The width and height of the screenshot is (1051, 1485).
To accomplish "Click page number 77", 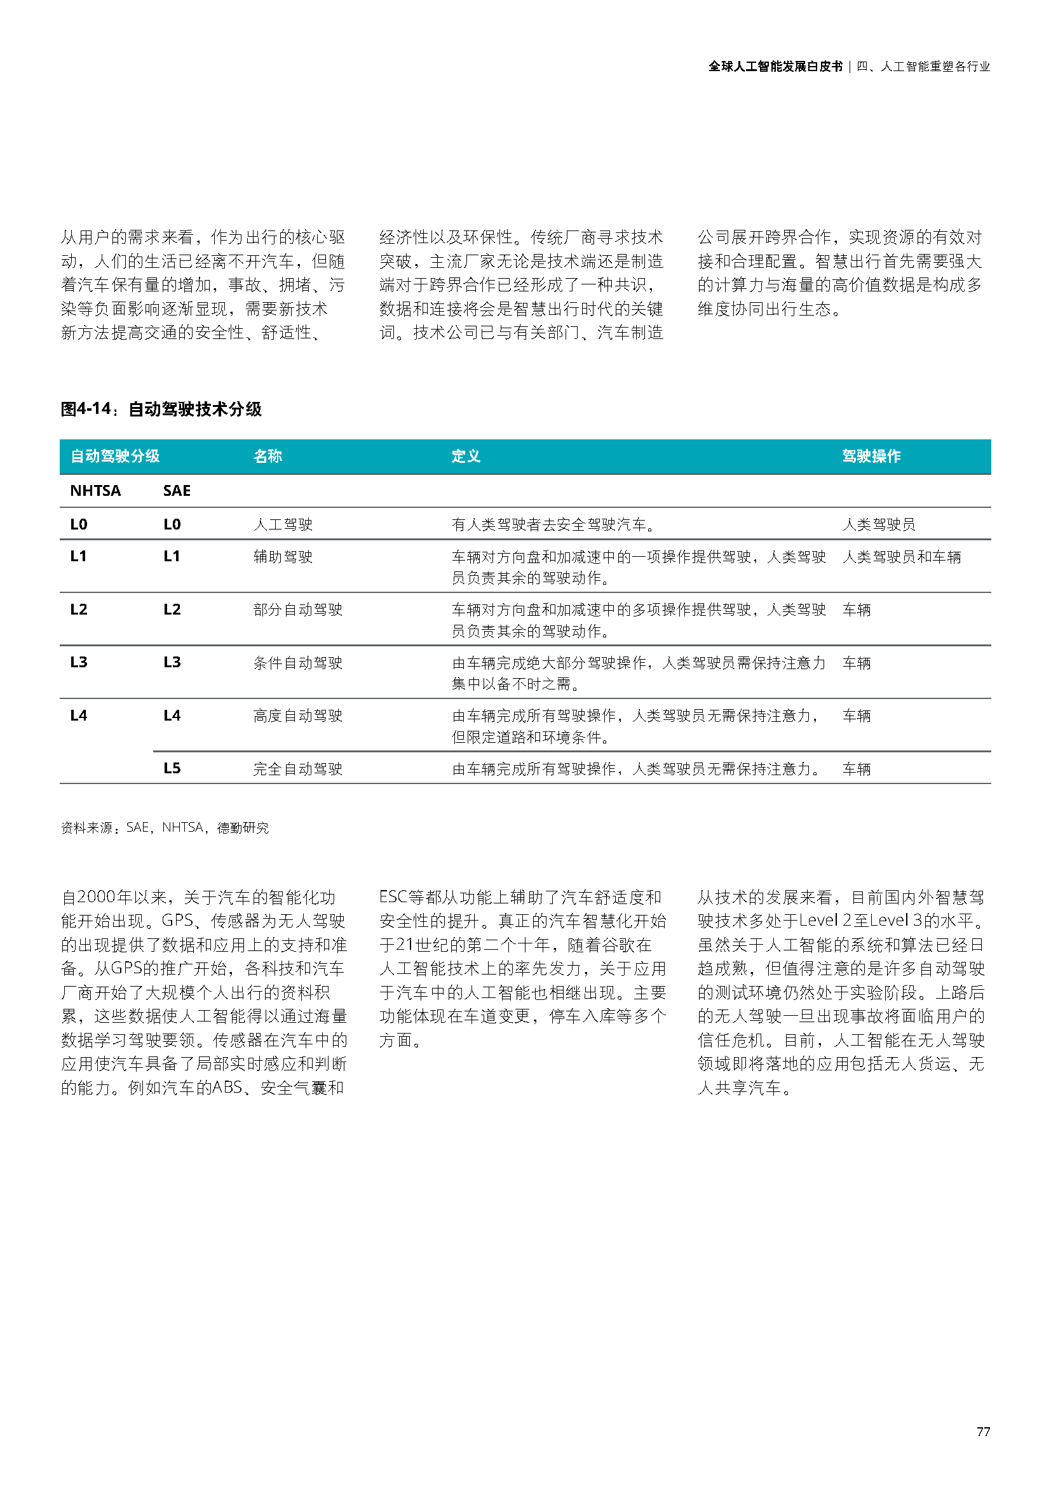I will [983, 1432].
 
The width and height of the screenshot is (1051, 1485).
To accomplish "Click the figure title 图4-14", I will [161, 409].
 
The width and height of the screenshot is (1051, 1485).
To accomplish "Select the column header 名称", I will [268, 456].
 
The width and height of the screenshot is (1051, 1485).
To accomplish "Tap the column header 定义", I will [466, 456].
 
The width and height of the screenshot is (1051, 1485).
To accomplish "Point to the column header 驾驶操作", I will [871, 456].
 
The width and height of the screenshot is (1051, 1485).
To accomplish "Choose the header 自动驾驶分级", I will [115, 456].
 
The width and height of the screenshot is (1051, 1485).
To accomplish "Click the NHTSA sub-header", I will [95, 491].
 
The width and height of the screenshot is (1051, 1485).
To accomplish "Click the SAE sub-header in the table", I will [177, 491].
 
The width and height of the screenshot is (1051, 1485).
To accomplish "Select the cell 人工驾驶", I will [283, 524].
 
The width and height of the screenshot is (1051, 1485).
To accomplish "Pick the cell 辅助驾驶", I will [283, 557].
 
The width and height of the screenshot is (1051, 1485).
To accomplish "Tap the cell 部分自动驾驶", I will [297, 610].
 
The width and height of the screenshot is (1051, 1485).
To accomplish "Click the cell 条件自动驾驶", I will [297, 663].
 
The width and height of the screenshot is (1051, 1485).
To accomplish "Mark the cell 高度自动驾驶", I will [297, 716].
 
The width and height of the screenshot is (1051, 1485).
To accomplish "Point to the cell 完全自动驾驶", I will [297, 769].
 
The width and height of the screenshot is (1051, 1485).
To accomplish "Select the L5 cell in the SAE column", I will [172, 768].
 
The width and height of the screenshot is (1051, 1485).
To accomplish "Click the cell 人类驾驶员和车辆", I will [902, 557].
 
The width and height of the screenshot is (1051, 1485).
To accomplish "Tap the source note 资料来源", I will [165, 828].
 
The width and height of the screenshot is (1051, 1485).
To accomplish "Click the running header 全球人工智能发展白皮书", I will [775, 67].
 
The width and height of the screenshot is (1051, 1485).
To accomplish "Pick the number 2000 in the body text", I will [97, 897].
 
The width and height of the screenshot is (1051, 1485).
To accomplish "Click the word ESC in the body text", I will [393, 897].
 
